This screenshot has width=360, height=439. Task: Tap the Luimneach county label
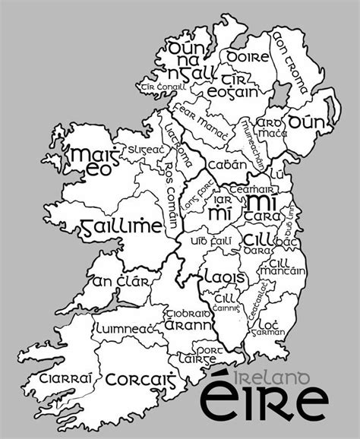[x=125, y=328]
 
